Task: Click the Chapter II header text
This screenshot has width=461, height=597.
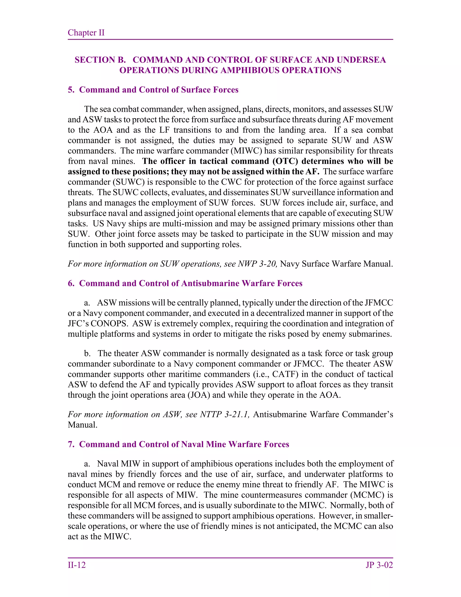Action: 86,32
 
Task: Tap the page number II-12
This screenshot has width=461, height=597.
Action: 77,565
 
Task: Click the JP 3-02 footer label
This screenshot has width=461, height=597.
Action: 379,565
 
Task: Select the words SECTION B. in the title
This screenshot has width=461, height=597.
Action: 100,60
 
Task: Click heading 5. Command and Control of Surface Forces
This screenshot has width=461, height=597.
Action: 153,90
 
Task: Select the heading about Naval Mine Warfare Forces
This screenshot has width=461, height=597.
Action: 178,444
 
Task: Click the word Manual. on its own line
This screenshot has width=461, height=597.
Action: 82,425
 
